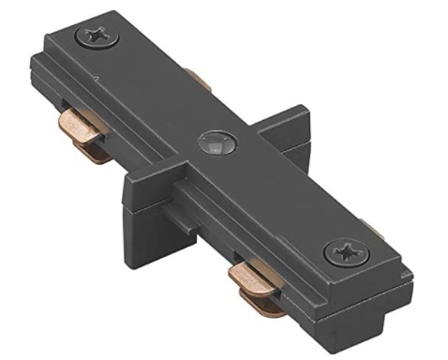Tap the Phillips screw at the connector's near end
pos(344,253)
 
